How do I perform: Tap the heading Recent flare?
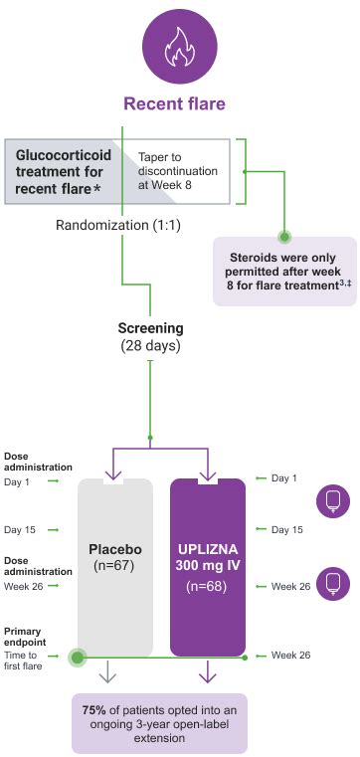173,103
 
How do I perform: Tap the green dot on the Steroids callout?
283,237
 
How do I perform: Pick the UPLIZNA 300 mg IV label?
207,556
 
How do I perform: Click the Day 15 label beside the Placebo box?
20,529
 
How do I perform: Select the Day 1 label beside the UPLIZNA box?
285,478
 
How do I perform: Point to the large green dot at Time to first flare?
77,658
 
